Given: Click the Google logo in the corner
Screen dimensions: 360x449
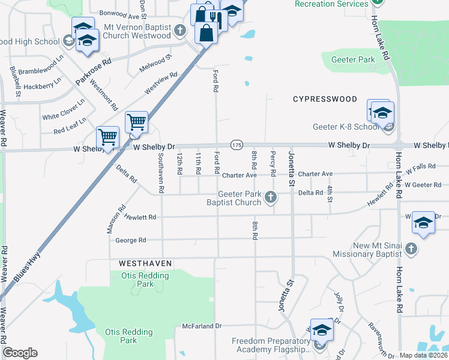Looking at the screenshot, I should pyautogui.click(x=20, y=353).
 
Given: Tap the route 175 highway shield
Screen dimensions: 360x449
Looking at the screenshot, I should pyautogui.click(x=237, y=145).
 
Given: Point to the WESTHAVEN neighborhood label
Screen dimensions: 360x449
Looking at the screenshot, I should pyautogui.click(x=145, y=263).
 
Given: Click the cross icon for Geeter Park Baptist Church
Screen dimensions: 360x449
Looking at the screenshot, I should pyautogui.click(x=271, y=197).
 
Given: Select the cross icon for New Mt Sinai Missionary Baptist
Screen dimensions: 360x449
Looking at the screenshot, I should pyautogui.click(x=411, y=248).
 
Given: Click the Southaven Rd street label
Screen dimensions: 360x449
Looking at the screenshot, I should pyautogui.click(x=161, y=172).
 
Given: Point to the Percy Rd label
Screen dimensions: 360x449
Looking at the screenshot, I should pyautogui.click(x=273, y=160).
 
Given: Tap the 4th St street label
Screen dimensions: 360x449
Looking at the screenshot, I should pyautogui.click(x=330, y=194).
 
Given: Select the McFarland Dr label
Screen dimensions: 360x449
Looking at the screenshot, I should pyautogui.click(x=202, y=326).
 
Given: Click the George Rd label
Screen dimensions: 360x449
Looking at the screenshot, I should pyautogui.click(x=131, y=240).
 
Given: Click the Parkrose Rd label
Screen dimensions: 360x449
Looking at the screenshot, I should pyautogui.click(x=93, y=71).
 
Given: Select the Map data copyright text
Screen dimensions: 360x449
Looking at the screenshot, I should pyautogui.click(x=424, y=355).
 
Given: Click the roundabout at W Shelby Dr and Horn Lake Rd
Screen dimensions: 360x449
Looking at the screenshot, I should pyautogui.click(x=398, y=146).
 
